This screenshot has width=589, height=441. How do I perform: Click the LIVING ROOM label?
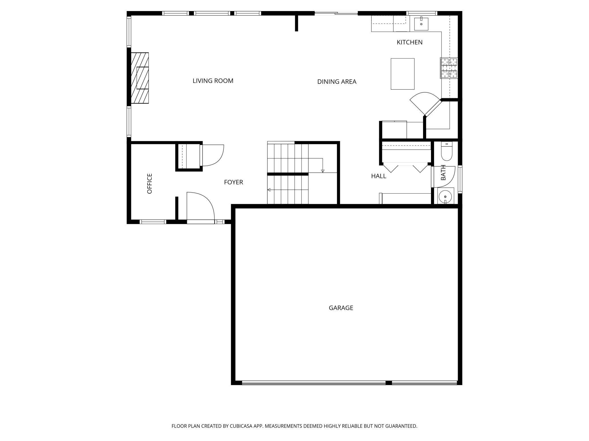[213, 81]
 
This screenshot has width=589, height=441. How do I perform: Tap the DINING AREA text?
[337, 82]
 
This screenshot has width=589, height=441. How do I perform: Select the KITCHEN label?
[409, 42]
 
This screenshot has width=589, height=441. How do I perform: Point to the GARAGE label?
[341, 308]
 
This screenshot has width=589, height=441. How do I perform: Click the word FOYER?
[234, 182]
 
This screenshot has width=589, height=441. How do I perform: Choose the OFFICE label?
[150, 183]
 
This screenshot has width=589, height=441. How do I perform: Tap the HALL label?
[379, 176]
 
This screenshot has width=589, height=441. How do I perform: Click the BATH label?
[443, 172]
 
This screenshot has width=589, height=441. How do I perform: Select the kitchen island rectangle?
[403, 74]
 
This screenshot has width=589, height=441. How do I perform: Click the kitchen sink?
[421, 24]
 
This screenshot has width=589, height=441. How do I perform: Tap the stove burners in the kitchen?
[449, 68]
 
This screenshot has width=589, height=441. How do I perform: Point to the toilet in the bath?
[447, 152]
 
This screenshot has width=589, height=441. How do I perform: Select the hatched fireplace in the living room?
[140, 78]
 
